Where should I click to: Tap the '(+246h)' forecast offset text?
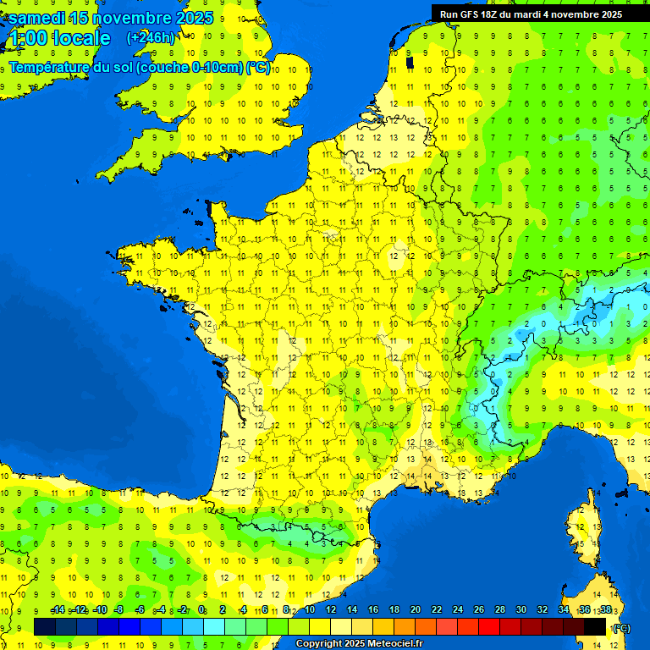pyautogui.click(x=151, y=37)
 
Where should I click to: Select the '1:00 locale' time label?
pyautogui.click(x=58, y=38)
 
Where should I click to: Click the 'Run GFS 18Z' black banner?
pyautogui.click(x=531, y=14)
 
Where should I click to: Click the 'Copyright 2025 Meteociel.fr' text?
pyautogui.click(x=359, y=644)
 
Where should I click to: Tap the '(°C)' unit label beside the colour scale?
pyautogui.click(x=620, y=628)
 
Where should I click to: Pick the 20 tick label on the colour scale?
pyautogui.click(x=415, y=609)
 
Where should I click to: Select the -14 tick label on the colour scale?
pyautogui.click(x=58, y=609)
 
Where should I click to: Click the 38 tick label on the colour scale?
pyautogui.click(x=605, y=609)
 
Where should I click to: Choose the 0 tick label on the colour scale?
pyautogui.click(x=201, y=609)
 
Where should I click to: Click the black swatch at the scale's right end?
pyautogui.click(x=596, y=626)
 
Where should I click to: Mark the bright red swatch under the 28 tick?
pyautogui.click(x=490, y=626)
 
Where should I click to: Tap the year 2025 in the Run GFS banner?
pyautogui.click(x=607, y=14)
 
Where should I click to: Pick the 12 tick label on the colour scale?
pyautogui.click(x=330, y=609)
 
